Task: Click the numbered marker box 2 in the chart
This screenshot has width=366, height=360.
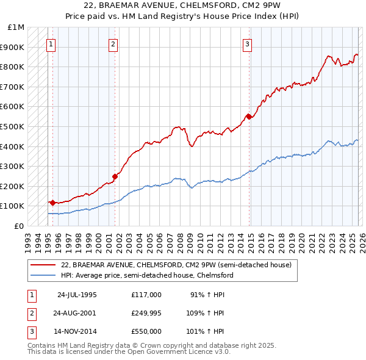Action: (x=113, y=43)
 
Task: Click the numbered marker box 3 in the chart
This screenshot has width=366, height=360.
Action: (x=247, y=43)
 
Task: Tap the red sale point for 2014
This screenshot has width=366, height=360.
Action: (x=248, y=117)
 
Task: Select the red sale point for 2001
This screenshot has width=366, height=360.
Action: (x=115, y=176)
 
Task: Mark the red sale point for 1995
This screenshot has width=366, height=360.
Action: (x=52, y=203)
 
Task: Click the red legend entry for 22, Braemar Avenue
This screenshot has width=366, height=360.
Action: (x=177, y=265)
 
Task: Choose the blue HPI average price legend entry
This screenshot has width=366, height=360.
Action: (x=147, y=275)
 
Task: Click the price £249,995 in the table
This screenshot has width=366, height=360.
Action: (x=146, y=312)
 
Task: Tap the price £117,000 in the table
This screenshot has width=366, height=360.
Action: (x=146, y=294)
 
